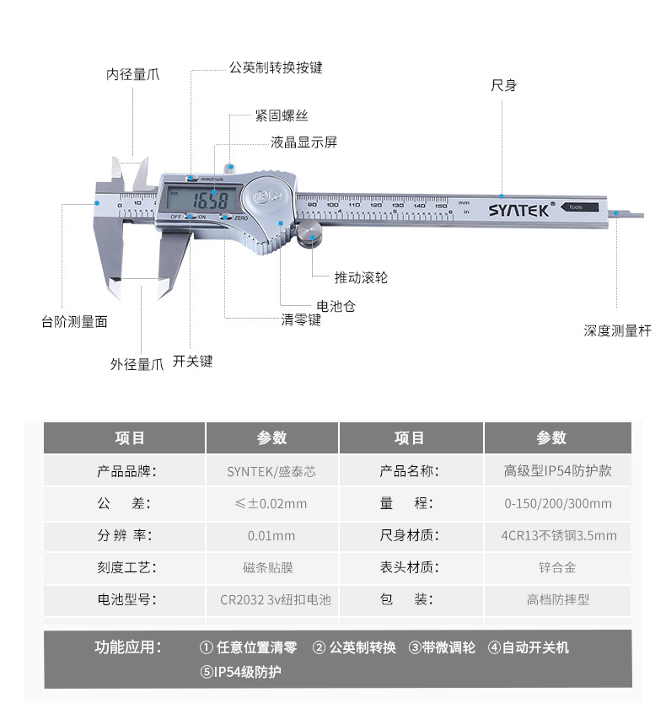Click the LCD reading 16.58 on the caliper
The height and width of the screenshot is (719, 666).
click(205, 201)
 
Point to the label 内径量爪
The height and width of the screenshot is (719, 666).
click(132, 74)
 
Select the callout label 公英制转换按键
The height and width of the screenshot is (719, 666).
click(276, 67)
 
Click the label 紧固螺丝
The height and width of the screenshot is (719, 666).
click(282, 115)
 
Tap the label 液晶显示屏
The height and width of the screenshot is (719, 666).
click(303, 142)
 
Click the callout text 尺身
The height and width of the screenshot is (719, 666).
click(503, 86)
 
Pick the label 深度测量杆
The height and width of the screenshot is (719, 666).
click(617, 331)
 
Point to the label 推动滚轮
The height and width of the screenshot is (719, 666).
click(361, 277)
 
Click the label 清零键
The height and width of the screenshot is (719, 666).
click(301, 320)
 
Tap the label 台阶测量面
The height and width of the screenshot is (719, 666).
click(74, 322)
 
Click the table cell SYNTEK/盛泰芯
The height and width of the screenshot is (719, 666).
click(271, 471)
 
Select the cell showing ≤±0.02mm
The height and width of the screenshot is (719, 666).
click(271, 504)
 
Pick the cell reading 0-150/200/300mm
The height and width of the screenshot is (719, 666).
click(557, 504)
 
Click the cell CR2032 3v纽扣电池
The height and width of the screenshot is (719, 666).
click(271, 600)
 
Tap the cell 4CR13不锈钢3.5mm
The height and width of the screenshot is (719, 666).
click(557, 536)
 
